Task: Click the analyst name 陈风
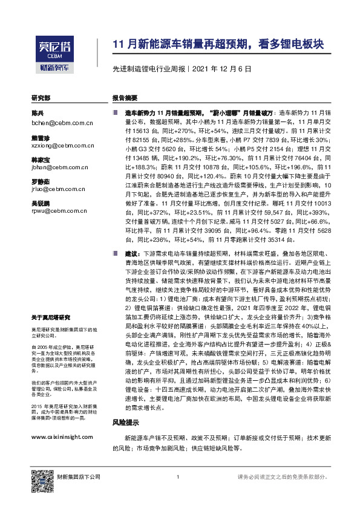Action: (x=38, y=114)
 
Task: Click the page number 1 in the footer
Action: (x=177, y=478)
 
